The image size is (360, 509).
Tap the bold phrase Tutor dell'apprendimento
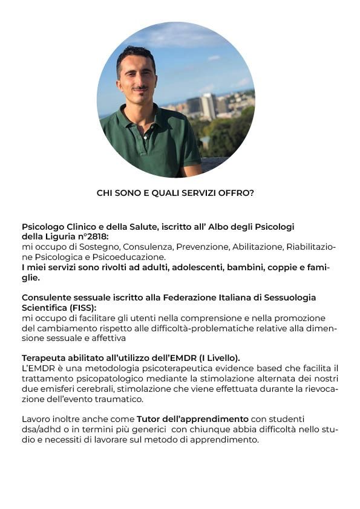(192, 419)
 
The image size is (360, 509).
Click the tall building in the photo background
(208, 106)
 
